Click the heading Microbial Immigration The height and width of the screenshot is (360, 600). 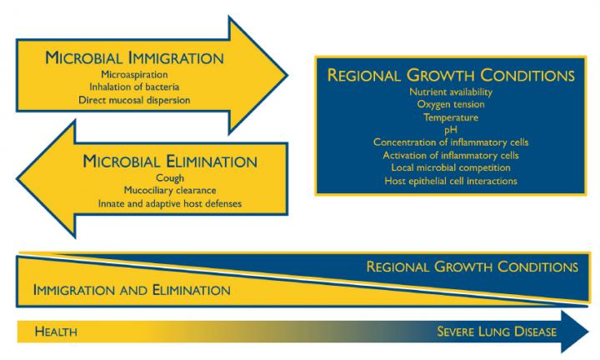coord(134,57)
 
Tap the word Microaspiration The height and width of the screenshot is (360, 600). coord(134,75)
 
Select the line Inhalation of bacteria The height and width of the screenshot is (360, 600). coord(134,87)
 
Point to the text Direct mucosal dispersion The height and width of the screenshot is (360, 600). coord(134,100)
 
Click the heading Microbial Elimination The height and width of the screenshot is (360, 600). coord(170,161)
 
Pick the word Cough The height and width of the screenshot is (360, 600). coord(170,178)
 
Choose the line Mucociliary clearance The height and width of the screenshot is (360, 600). coord(170,191)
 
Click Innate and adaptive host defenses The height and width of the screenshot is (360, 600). coord(170,203)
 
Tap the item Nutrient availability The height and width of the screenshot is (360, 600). coord(451,92)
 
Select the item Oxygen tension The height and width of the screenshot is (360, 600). coord(451,104)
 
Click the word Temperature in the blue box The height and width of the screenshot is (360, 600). coord(451,117)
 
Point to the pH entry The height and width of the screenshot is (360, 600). coord(451,130)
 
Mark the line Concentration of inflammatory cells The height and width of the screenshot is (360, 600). coord(451,142)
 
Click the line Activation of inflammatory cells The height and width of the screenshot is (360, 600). coord(451,155)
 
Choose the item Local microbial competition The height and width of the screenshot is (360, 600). coord(451,168)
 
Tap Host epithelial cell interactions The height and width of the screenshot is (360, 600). coord(451,181)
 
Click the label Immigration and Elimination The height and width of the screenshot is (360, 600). coord(132,290)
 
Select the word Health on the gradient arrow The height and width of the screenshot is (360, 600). coord(56,332)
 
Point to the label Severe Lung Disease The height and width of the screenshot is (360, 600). coord(497,332)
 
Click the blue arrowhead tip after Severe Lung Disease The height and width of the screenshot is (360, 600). coord(588,332)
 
